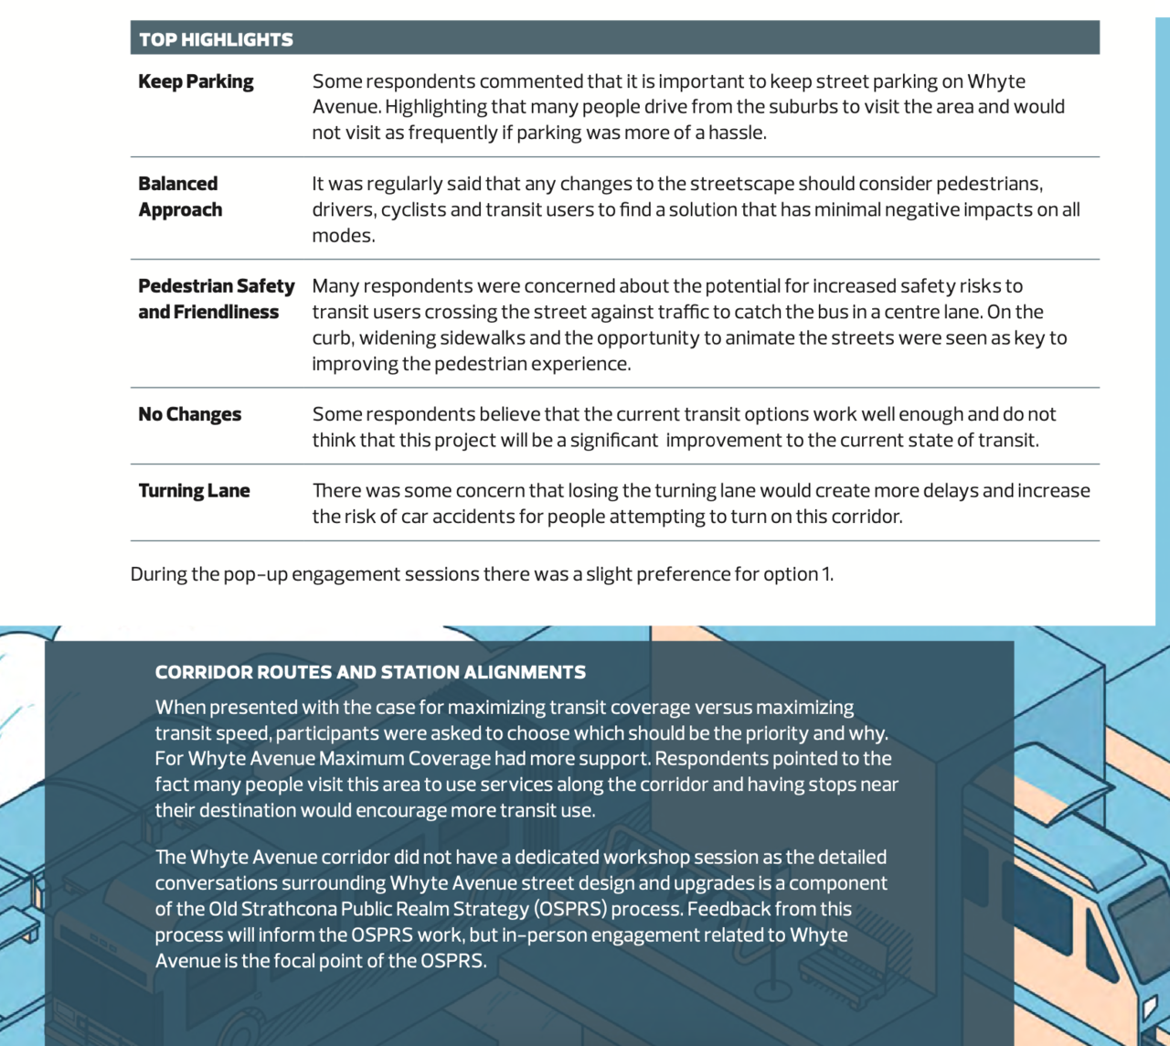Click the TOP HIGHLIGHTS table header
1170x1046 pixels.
(x=217, y=39)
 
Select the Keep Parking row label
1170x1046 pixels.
(x=196, y=81)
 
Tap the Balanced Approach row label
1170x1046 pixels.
(x=180, y=197)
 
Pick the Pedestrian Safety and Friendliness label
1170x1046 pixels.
(x=216, y=299)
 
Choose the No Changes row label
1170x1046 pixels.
(x=189, y=414)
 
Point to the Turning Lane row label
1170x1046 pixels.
(x=194, y=491)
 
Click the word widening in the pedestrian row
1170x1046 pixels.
(x=397, y=337)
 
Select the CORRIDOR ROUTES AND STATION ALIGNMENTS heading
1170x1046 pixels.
(x=370, y=672)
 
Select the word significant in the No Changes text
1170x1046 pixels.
(x=614, y=440)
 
